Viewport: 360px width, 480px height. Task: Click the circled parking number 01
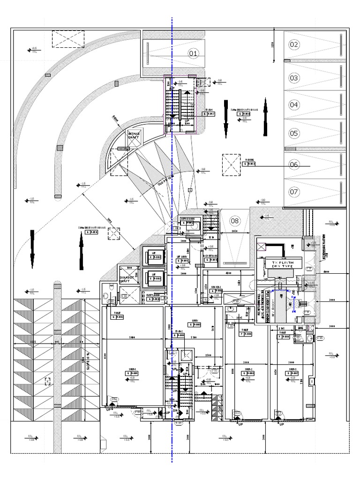coord(194,54)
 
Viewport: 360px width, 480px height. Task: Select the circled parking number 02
coord(294,45)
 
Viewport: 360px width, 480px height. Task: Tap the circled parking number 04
coord(294,105)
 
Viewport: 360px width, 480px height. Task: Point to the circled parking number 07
coord(294,192)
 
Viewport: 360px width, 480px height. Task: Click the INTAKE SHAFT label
coord(135,136)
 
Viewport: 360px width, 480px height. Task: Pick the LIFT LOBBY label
coord(182,257)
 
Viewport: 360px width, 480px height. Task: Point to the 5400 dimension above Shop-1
coord(133,337)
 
